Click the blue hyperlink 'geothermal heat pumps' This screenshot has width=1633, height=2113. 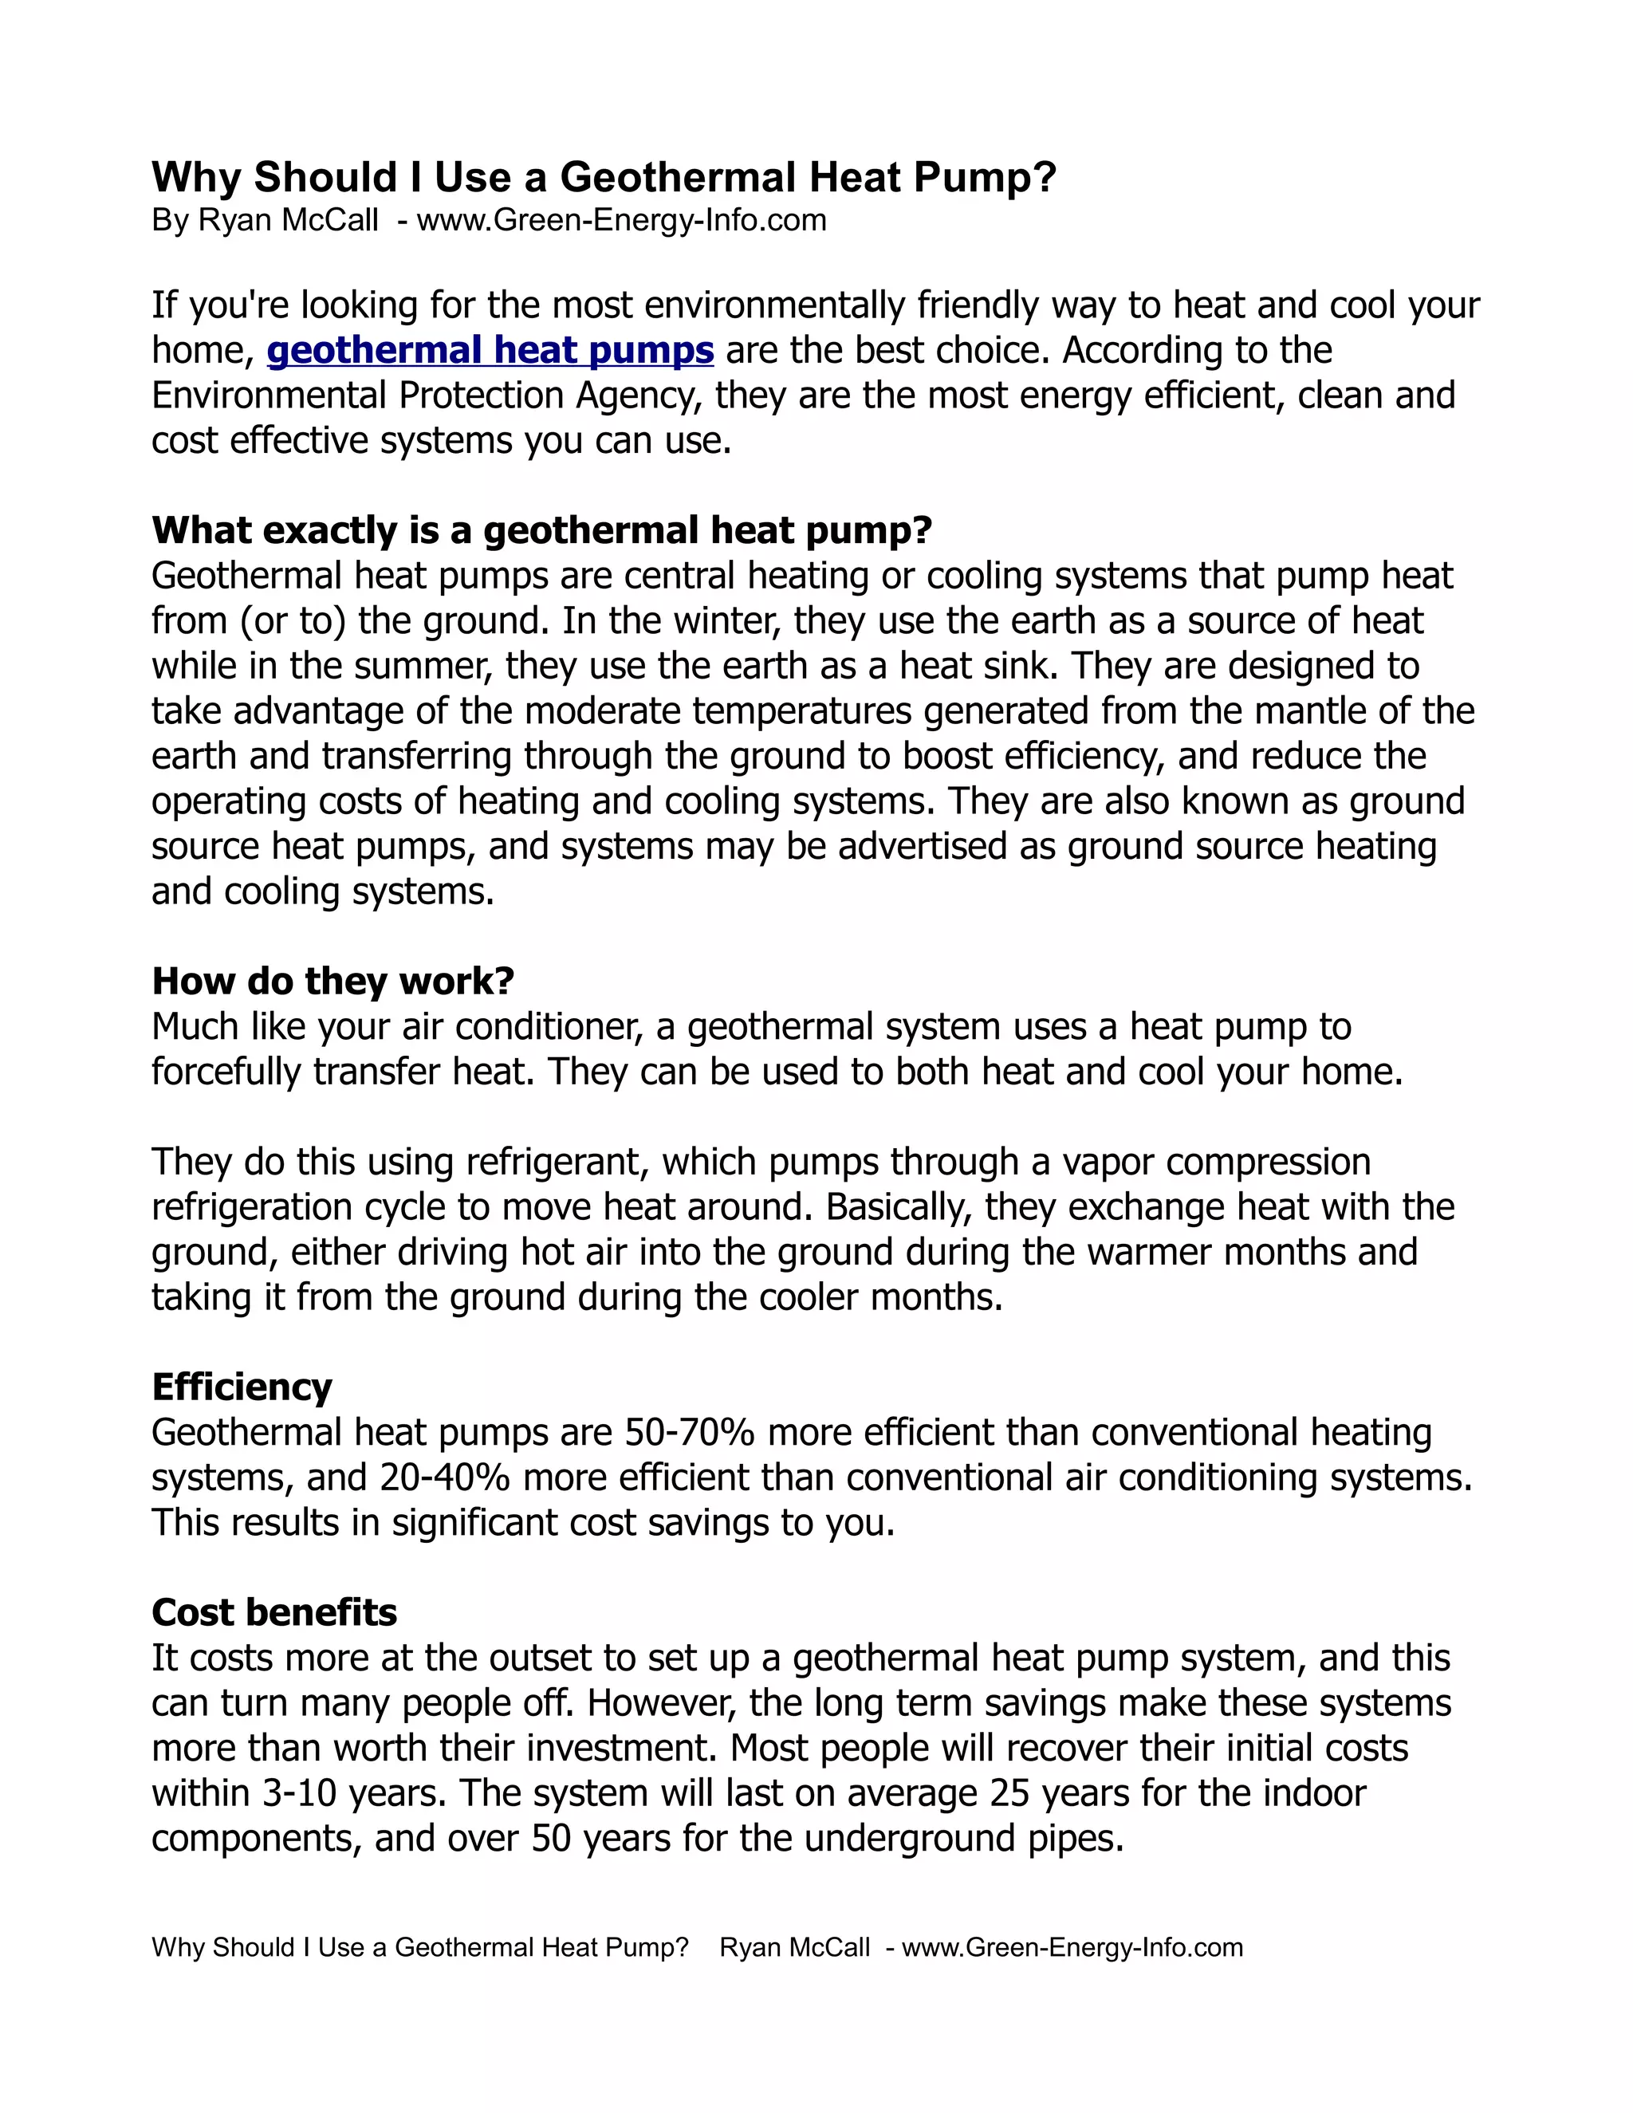tap(490, 350)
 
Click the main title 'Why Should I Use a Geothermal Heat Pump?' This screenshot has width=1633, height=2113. tap(604, 177)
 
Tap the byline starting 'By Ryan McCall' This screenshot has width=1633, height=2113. tap(489, 221)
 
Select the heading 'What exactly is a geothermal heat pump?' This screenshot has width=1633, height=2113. tap(541, 530)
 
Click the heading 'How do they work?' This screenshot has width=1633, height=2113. tap(333, 981)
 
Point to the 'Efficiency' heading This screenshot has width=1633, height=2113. tap(242, 1387)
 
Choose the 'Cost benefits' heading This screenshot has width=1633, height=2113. tap(275, 1611)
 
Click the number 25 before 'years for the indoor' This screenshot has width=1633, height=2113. tap(1010, 1792)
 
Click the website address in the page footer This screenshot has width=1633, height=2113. tap(1072, 1948)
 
